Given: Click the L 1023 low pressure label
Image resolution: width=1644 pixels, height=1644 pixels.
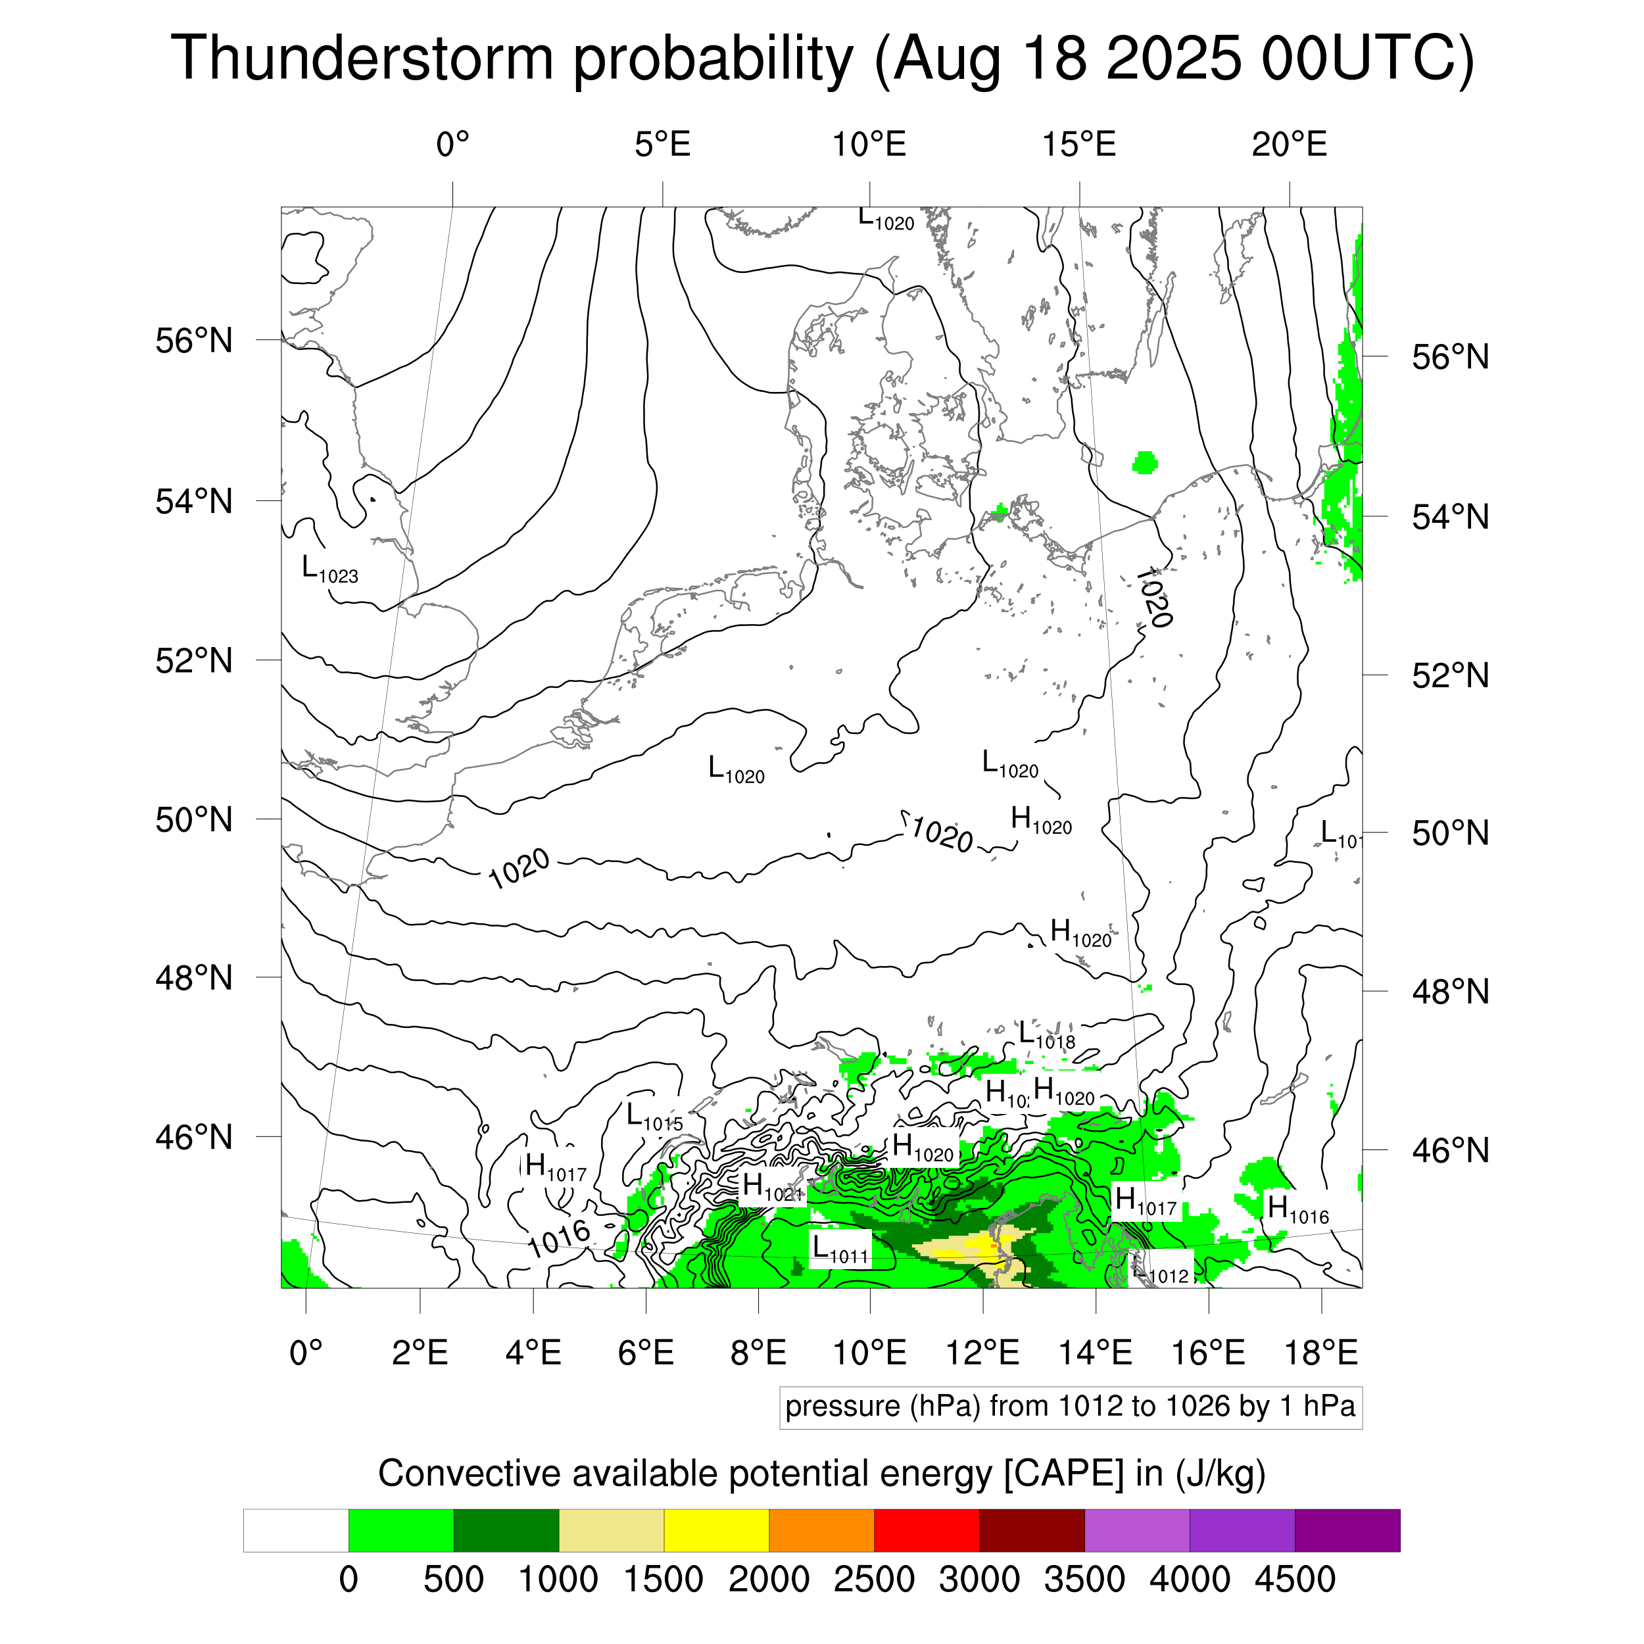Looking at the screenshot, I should click(330, 570).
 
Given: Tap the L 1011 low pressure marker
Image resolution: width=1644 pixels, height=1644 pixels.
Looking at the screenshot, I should click(839, 1250).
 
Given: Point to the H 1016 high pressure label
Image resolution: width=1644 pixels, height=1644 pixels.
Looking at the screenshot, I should click(1297, 1209).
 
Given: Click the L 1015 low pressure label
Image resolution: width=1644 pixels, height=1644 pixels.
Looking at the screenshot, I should click(654, 1117).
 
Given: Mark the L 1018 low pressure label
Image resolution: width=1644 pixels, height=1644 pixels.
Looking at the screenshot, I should click(1047, 1036).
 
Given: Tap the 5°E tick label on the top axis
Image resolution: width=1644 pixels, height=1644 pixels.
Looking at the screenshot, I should click(662, 145).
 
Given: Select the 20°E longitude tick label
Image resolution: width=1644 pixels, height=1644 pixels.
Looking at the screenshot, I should click(1288, 145).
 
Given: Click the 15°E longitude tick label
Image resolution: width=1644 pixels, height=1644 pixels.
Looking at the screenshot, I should click(1079, 145).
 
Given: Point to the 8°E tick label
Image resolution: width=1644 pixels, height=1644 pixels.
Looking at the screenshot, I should click(758, 1353).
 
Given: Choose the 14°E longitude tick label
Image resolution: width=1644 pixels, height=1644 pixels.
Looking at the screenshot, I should click(1095, 1353).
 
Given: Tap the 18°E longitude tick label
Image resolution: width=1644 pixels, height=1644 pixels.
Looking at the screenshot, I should click(1320, 1353).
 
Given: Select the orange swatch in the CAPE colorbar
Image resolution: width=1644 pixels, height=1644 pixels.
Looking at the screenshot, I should click(821, 1531).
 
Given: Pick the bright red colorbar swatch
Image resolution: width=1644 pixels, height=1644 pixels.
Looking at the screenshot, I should click(927, 1531).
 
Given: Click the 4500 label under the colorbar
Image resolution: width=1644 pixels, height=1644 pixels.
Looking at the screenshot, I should click(1294, 1580).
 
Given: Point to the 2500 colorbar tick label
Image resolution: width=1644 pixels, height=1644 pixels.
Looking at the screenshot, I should click(874, 1580).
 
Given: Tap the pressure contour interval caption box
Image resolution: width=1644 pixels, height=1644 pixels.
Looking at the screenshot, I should click(1071, 1407).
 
